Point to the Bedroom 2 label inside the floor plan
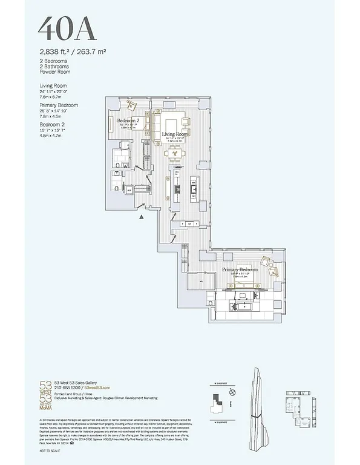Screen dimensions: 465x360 click(x=129, y=120)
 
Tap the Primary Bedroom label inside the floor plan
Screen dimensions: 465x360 click(x=239, y=269)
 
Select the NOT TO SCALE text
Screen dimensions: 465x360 click(x=51, y=451)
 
